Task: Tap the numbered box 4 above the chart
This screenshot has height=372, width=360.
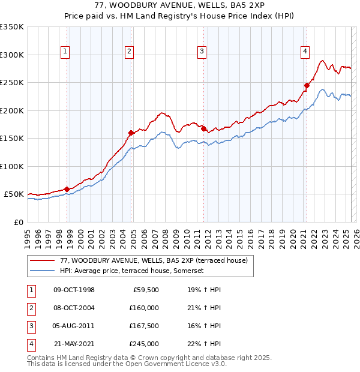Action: [x=305, y=52]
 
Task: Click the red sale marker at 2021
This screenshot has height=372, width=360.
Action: [x=307, y=85]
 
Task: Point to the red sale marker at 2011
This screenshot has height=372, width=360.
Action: [x=203, y=128]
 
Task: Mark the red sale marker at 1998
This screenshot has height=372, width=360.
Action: [x=67, y=189]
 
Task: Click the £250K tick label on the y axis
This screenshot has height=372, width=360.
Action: [x=12, y=83]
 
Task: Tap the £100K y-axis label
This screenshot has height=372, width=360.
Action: [x=12, y=166]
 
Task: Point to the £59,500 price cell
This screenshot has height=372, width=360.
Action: [x=145, y=290]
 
